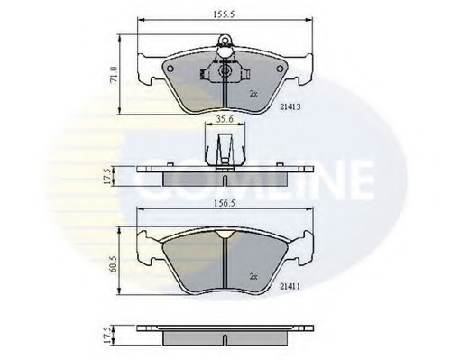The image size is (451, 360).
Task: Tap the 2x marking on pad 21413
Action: pos(253,92)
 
